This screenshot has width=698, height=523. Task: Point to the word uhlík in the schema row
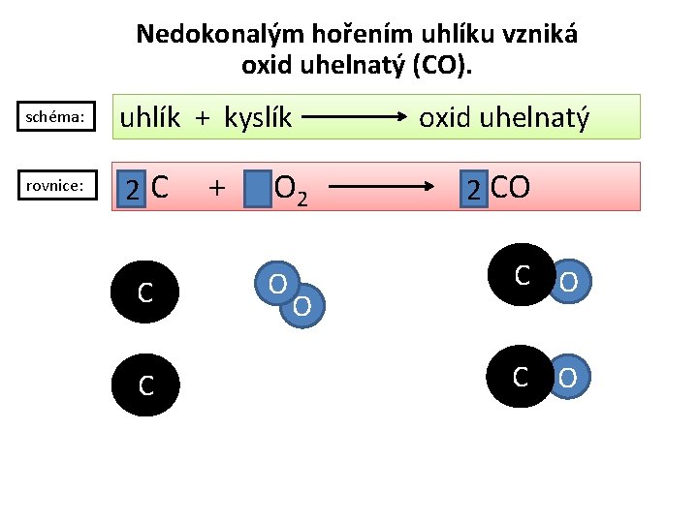click(149, 118)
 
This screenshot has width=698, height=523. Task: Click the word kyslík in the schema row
click(258, 118)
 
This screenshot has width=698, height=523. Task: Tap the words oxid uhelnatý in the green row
click(503, 118)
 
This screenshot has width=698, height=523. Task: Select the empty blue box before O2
click(257, 189)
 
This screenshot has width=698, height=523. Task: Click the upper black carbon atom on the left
click(144, 289)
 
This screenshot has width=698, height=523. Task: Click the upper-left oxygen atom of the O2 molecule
click(276, 284)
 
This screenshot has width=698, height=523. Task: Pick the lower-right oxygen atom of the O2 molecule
click(302, 306)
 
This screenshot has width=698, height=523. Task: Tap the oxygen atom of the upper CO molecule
click(569, 281)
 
